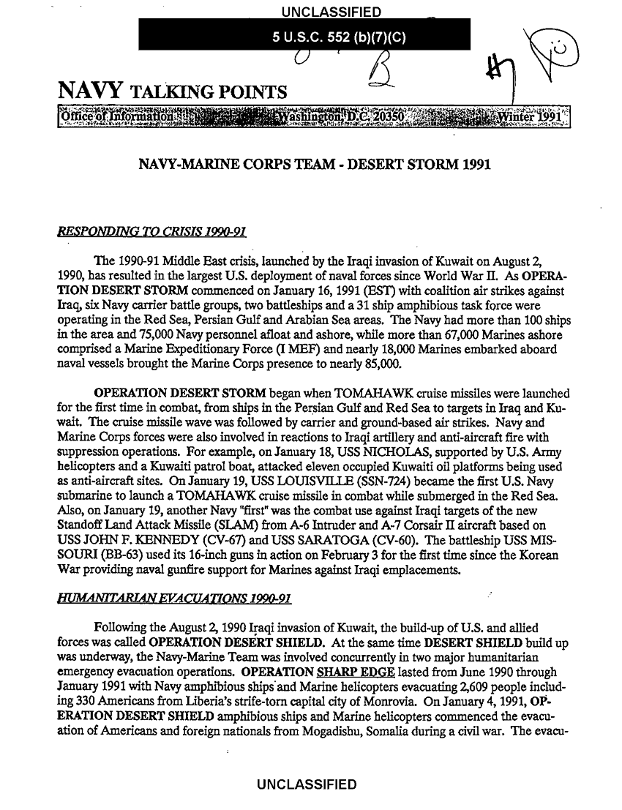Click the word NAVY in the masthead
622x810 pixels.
click(x=87, y=94)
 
